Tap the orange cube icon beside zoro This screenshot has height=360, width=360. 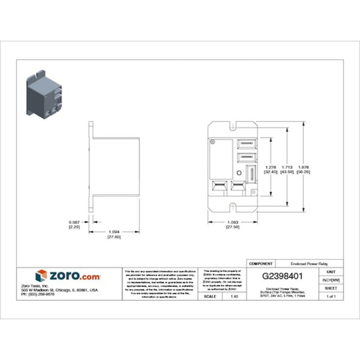tap(41, 275)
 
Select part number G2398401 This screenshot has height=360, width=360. tap(283, 275)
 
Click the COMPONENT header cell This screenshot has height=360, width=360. tap(261, 263)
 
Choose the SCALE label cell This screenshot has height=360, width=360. tap(209, 296)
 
